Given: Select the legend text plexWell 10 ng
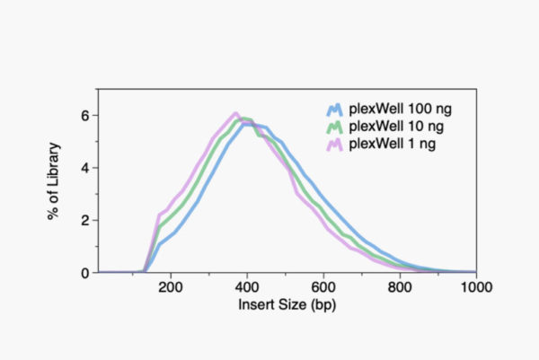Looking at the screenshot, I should point(394,127).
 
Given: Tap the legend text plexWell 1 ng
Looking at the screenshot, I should point(391,142).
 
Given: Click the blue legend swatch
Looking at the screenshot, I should point(334,111).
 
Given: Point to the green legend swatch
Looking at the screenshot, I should point(334,127).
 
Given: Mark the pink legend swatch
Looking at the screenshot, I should point(334,142).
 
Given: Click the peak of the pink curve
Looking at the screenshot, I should point(235,114).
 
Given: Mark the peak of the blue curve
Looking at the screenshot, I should point(244,124).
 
